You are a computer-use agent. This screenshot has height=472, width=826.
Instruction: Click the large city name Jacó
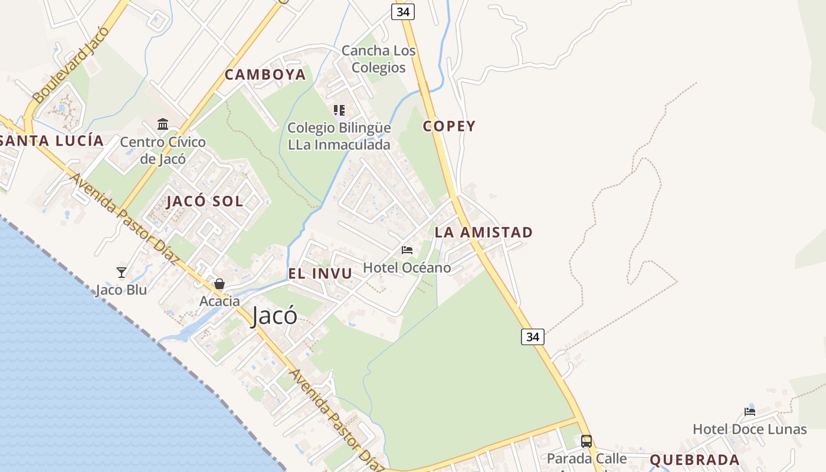pos(274,316)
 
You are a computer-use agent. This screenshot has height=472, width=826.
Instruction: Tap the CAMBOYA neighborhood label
pos(265,74)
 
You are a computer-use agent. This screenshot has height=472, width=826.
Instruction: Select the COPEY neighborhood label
pos(449,126)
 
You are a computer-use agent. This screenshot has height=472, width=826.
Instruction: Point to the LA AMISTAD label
pos(484,232)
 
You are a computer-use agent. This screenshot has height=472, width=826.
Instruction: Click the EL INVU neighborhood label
pos(320,273)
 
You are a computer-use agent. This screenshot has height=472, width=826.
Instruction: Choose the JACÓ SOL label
pos(205,201)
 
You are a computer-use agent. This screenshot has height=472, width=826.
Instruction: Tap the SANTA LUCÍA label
pos(52,141)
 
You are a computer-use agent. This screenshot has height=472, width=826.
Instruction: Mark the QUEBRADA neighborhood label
pos(694,460)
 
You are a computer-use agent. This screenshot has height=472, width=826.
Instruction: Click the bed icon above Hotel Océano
pos(407,250)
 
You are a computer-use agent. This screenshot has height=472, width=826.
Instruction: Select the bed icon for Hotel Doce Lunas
pos(750,412)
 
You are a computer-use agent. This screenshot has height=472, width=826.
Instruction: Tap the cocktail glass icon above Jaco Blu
pos(122,272)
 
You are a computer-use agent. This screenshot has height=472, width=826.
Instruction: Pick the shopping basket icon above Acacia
pos(219,284)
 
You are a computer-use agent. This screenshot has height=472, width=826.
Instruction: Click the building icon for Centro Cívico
pos(163,124)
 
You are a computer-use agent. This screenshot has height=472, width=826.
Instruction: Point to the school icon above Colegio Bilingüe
pos(339,110)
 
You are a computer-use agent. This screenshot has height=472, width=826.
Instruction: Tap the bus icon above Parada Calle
pos(586,441)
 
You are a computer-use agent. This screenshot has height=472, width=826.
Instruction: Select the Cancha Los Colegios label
pos(379,59)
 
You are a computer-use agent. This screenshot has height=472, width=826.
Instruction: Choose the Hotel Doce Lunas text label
pos(749,429)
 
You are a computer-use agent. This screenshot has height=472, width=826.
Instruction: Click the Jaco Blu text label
pos(122,290)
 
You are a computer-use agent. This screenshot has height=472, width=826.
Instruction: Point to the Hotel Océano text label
pos(407,267)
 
